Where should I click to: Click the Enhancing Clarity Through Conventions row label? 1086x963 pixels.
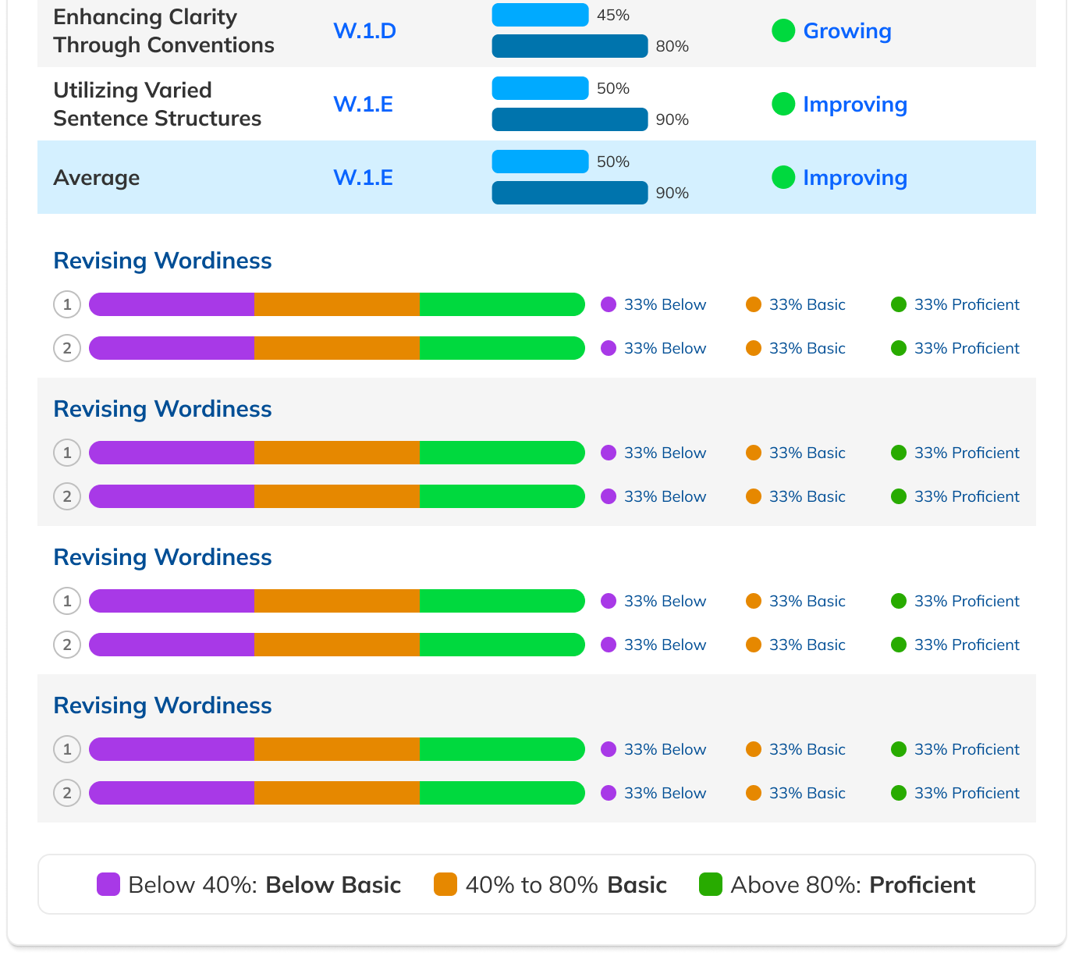[164, 31]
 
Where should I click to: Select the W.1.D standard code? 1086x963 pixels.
[364, 31]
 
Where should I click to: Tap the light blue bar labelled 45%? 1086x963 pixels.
[540, 15]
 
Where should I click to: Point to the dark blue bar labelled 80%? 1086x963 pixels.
[570, 46]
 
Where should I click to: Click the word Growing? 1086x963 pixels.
[846, 31]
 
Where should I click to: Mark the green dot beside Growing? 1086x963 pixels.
[783, 30]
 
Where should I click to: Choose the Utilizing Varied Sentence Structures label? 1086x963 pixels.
[157, 105]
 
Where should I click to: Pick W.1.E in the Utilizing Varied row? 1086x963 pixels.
[363, 105]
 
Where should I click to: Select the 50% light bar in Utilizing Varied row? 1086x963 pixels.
[540, 88]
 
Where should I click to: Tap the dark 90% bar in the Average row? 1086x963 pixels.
[570, 193]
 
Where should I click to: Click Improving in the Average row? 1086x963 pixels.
[854, 178]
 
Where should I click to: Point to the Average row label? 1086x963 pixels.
[97, 178]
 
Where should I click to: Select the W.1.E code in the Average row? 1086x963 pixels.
[363, 178]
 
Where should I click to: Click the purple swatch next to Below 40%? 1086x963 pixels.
[108, 884]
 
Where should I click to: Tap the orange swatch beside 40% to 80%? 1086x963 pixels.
[445, 884]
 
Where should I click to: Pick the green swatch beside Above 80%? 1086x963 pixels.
[711, 884]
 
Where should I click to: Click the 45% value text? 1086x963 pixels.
[613, 16]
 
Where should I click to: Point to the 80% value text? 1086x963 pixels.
[672, 47]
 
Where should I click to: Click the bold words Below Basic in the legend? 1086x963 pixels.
[333, 885]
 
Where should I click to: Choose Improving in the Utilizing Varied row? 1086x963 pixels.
[854, 105]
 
